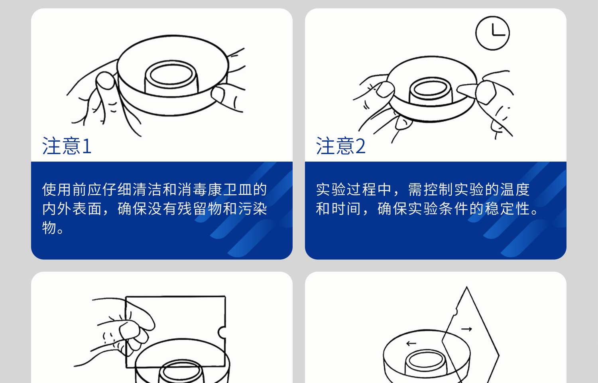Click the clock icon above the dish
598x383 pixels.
point(492,33)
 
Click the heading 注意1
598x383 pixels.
point(67,146)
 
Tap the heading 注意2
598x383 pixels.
point(340,146)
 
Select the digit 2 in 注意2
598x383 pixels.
point(360,146)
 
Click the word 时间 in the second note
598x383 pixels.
point(346,209)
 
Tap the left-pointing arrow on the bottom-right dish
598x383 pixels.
point(411,343)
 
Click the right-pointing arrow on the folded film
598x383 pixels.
point(467,329)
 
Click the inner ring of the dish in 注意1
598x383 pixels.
point(171,75)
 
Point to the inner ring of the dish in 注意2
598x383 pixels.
point(431,88)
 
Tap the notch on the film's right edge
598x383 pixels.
point(222,332)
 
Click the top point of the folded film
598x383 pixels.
point(466,287)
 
